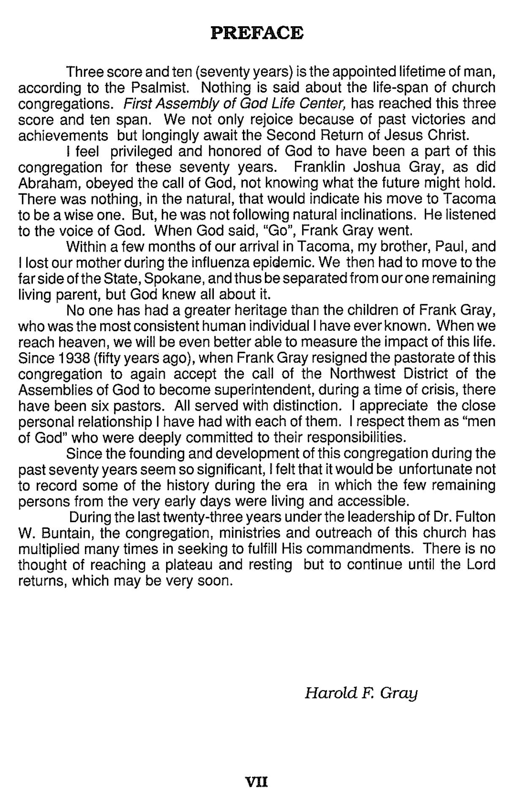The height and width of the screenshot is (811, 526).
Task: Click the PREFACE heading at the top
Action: [257, 33]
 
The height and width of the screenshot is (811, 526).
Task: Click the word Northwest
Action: [363, 374]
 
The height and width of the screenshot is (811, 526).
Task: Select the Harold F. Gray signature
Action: [361, 693]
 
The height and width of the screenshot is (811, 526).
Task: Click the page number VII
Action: [257, 782]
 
